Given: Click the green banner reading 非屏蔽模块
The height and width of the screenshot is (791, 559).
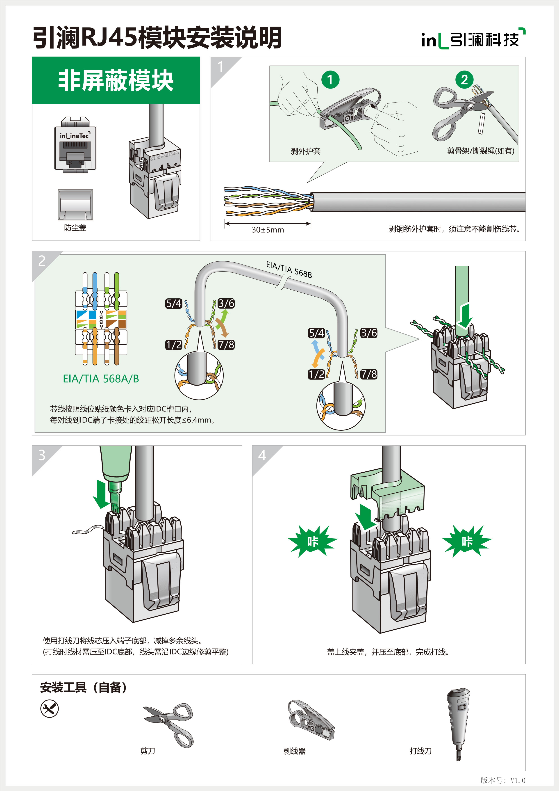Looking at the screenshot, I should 116,80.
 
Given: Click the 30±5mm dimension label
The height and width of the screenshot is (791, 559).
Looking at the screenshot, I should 268,230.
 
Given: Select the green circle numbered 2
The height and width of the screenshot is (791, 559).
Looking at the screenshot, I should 464,80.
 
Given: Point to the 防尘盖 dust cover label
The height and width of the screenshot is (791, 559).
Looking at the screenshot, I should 75,228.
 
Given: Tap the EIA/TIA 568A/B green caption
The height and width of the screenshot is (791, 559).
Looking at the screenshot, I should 101,379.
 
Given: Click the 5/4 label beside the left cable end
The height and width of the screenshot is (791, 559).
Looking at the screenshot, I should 173,304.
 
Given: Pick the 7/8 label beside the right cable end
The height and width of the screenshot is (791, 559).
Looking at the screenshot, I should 369,374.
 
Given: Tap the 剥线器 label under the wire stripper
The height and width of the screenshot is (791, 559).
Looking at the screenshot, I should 294,751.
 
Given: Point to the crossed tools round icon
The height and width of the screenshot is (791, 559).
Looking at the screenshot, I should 50,709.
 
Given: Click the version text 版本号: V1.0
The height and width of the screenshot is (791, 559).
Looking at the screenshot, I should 502,780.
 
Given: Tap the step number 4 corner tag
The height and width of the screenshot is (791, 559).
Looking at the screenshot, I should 262,455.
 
